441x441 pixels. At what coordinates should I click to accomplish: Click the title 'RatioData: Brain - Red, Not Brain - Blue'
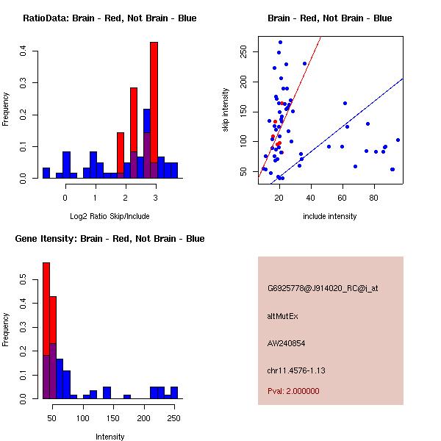(110, 18)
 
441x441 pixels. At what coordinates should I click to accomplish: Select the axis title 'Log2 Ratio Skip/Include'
(110, 216)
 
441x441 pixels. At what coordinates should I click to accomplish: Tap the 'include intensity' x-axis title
(329, 216)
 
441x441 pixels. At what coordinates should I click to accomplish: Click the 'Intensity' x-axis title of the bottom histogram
(110, 436)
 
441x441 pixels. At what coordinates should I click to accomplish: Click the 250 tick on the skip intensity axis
(248, 51)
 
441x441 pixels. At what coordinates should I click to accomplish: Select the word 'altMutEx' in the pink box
(283, 316)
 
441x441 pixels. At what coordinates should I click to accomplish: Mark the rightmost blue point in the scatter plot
(398, 140)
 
